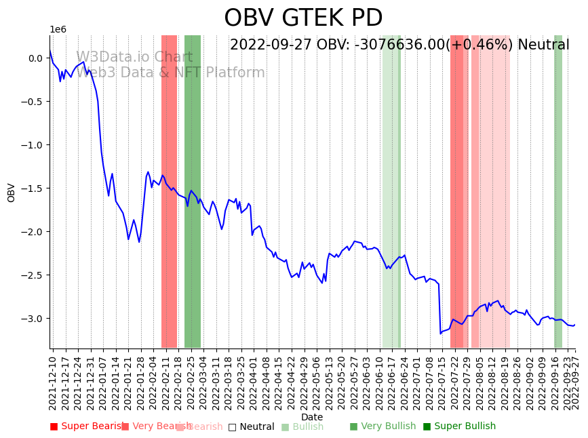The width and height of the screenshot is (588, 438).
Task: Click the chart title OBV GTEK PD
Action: (303, 18)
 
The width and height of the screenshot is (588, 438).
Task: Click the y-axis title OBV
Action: (11, 193)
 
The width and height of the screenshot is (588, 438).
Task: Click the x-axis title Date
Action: (312, 417)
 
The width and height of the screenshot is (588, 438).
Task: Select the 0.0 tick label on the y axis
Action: (35, 58)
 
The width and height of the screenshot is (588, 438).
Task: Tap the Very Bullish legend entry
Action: (383, 426)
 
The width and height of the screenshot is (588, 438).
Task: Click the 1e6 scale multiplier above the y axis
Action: (58, 30)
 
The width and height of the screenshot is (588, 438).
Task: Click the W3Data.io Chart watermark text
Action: (134, 57)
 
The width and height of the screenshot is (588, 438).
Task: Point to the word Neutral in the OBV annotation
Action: (543, 45)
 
